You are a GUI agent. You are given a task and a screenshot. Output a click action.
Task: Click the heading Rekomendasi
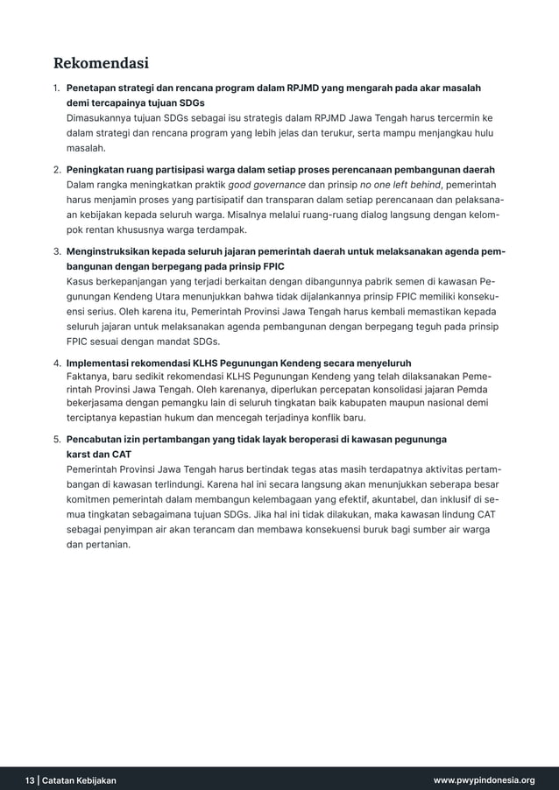point(101,63)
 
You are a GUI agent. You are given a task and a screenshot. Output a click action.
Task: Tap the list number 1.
point(56,88)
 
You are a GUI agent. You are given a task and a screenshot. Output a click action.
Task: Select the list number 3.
point(56,252)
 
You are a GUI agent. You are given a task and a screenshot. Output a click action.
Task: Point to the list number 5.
point(56,439)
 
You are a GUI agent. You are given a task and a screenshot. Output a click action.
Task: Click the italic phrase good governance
point(266,185)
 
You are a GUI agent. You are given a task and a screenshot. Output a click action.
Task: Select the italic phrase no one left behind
point(400,185)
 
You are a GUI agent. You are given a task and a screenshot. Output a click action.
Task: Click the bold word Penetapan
point(94,88)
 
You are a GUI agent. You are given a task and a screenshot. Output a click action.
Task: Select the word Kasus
point(81,282)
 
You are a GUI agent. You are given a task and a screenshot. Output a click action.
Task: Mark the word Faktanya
point(88,377)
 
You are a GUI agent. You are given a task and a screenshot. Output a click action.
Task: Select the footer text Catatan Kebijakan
point(79,779)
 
